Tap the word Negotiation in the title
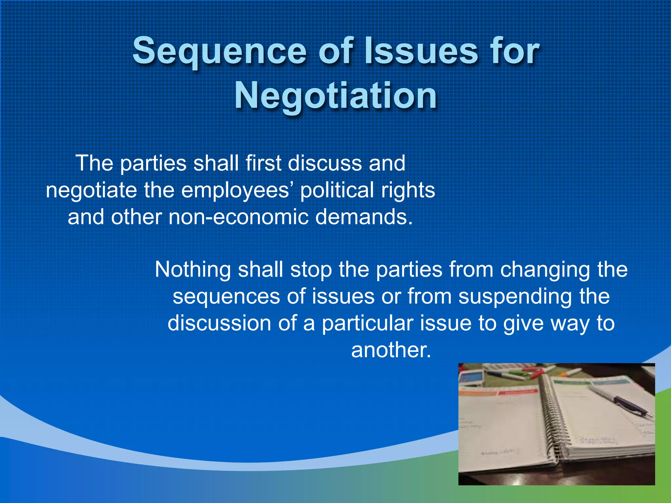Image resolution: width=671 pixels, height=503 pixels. click(x=335, y=96)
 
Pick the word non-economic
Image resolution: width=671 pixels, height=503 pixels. click(x=238, y=217)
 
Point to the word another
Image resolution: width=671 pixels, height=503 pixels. click(x=391, y=350)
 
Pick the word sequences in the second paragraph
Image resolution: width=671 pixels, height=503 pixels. click(x=226, y=297)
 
